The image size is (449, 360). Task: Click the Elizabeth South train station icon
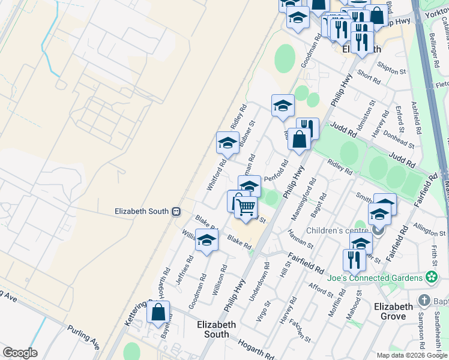[x=176, y=211]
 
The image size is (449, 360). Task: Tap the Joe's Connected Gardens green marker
[x=430, y=277]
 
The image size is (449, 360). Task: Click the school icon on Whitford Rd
[x=228, y=143]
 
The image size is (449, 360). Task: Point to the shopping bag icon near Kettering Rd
[x=158, y=312]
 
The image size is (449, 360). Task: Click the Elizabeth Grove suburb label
[x=393, y=311]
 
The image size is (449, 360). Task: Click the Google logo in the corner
[x=20, y=353]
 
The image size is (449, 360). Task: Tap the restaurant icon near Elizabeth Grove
[x=354, y=260]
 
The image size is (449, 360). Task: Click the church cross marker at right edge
[x=424, y=300]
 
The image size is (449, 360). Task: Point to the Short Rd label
[x=369, y=76]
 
